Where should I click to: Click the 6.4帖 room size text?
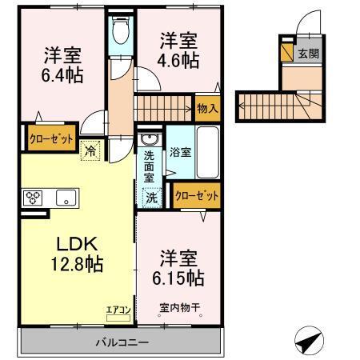coord(62,74)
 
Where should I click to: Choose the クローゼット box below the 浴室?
coord(195,194)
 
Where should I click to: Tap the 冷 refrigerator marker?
coord(90,149)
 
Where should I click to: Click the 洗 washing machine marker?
coord(150,195)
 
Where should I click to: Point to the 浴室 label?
coord(181,151)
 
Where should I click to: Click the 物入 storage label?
coord(206,107)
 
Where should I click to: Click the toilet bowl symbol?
coord(120,32)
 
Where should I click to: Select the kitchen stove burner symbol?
coord(34,197)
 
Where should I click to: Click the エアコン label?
coord(118,307)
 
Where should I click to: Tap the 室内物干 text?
coord(178,306)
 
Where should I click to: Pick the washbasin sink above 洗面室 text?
coord(149,142)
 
